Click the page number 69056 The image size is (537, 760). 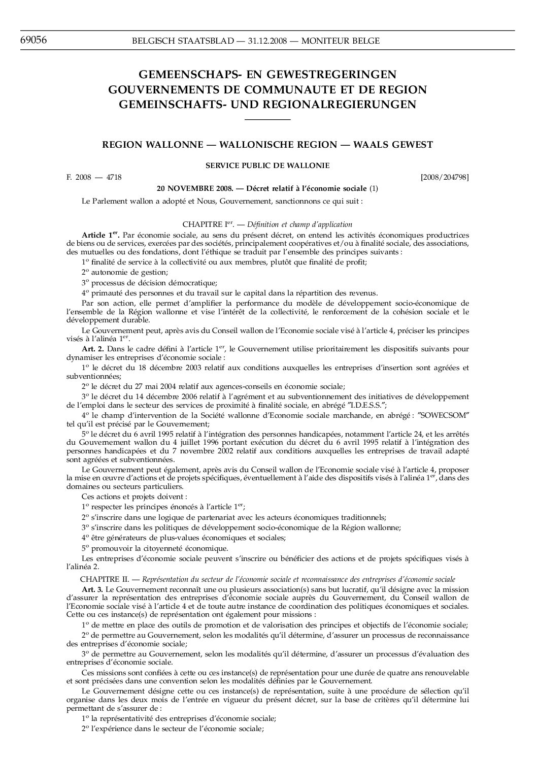click(x=33, y=40)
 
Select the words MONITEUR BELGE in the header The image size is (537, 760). click(x=340, y=41)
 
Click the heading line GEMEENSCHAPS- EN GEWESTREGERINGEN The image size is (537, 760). click(x=267, y=75)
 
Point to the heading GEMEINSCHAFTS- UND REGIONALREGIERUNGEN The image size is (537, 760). click(x=267, y=105)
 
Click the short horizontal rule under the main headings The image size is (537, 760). click(x=267, y=120)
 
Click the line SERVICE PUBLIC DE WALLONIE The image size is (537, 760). click(x=267, y=166)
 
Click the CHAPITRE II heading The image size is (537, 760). click(x=267, y=579)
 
